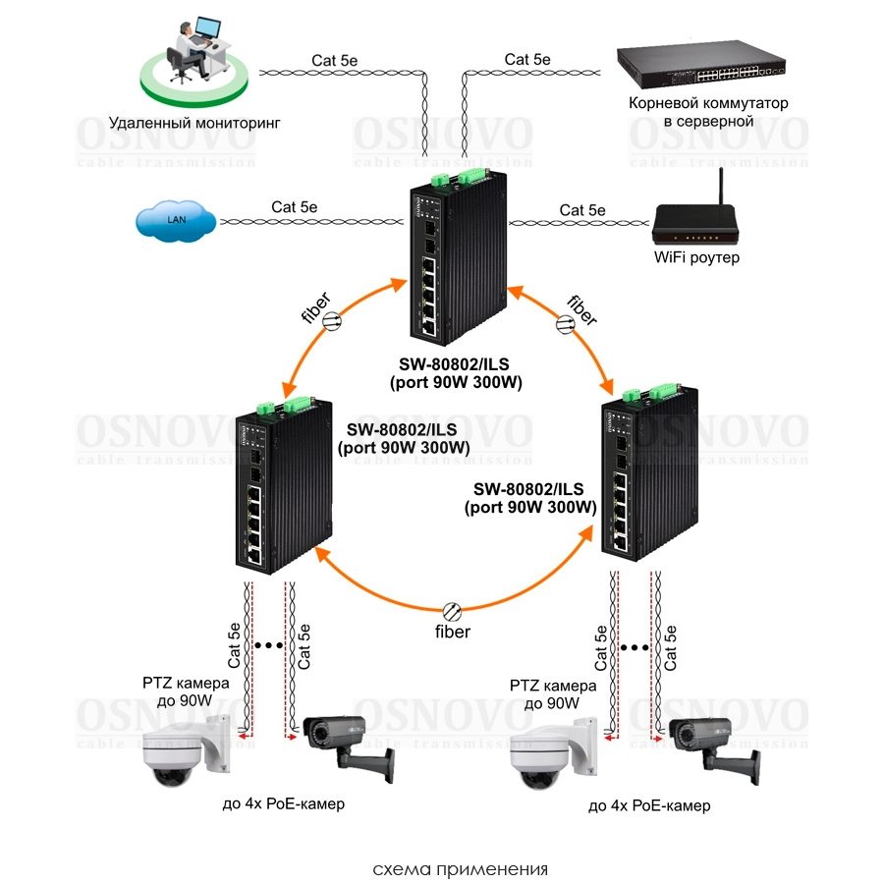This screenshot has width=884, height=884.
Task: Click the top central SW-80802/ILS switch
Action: [x=453, y=261]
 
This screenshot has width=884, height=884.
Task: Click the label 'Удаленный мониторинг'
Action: [x=194, y=123]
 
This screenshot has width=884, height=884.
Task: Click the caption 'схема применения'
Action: [x=461, y=869]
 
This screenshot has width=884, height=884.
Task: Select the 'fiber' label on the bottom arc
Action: [x=453, y=631]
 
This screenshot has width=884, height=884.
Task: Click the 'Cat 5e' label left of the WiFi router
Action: [x=582, y=209]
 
